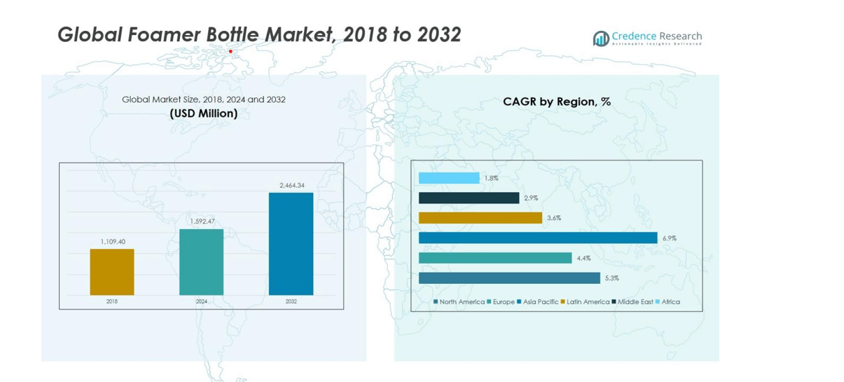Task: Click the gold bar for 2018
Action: click(x=112, y=272)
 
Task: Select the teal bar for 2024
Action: click(x=202, y=262)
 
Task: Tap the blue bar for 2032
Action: click(x=291, y=244)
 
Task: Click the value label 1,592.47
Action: click(x=202, y=221)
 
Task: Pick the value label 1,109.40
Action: click(x=112, y=242)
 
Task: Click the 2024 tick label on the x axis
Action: click(x=202, y=302)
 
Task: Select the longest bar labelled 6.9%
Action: click(x=538, y=238)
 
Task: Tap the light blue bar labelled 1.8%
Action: click(x=449, y=178)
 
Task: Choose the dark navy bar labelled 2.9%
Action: click(x=469, y=198)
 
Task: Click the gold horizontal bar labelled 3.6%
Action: click(x=480, y=218)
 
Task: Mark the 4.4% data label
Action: click(x=583, y=259)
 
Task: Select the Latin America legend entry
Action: click(x=588, y=302)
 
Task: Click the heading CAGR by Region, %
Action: click(x=556, y=102)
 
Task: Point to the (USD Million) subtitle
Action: click(x=203, y=113)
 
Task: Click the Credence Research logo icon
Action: click(x=600, y=39)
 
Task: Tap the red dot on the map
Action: click(x=230, y=51)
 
